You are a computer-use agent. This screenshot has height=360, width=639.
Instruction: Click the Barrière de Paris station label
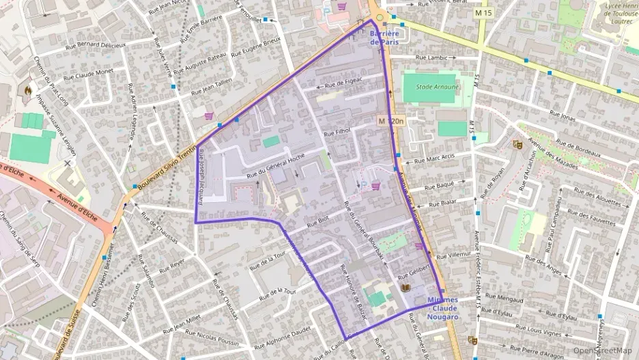(383, 38)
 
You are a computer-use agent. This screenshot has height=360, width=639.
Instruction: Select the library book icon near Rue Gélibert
(406, 289)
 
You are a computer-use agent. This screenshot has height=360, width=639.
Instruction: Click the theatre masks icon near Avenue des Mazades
(516, 144)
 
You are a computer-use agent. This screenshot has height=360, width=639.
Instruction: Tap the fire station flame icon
(27, 89)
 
